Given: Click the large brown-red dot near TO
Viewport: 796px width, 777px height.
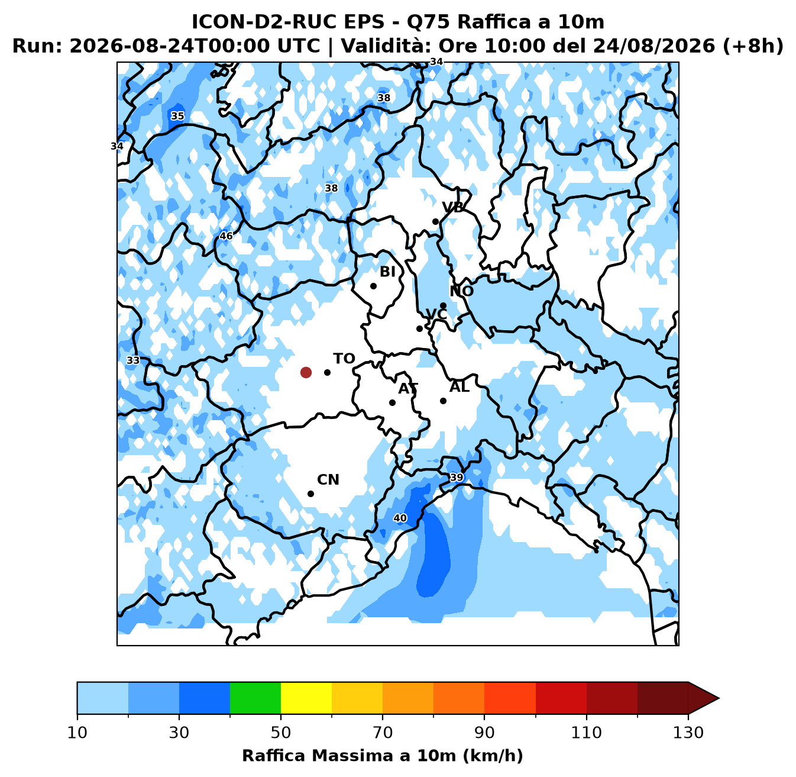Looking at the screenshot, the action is pyautogui.click(x=306, y=372).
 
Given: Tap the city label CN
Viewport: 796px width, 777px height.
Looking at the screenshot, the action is pyautogui.click(x=328, y=480).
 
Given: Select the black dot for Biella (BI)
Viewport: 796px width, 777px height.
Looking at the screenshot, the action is pyautogui.click(x=373, y=286).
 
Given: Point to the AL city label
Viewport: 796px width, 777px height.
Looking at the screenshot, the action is pyautogui.click(x=460, y=386).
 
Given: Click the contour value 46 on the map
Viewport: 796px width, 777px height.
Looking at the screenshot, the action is pyautogui.click(x=226, y=236).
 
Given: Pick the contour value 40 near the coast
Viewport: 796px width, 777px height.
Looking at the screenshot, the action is pyautogui.click(x=400, y=518).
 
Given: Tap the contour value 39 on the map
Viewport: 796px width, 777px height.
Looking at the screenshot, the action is pyautogui.click(x=457, y=478).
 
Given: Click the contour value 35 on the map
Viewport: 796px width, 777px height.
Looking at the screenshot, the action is pyautogui.click(x=177, y=116).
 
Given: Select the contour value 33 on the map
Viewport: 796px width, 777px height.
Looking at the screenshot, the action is pyautogui.click(x=133, y=360).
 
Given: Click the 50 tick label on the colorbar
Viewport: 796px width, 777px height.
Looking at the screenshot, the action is pyautogui.click(x=281, y=732).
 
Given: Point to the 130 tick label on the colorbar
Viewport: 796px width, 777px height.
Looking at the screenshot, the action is pyautogui.click(x=688, y=732).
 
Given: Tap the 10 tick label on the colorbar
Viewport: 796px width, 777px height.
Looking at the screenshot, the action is pyautogui.click(x=77, y=732).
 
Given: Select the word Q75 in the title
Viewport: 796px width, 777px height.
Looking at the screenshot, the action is pyautogui.click(x=429, y=22).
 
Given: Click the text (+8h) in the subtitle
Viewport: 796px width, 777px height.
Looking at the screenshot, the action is pyautogui.click(x=752, y=46).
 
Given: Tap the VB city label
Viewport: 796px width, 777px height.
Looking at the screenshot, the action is pyautogui.click(x=452, y=207).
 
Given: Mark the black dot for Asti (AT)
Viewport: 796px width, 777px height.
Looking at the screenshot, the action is pyautogui.click(x=392, y=402).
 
